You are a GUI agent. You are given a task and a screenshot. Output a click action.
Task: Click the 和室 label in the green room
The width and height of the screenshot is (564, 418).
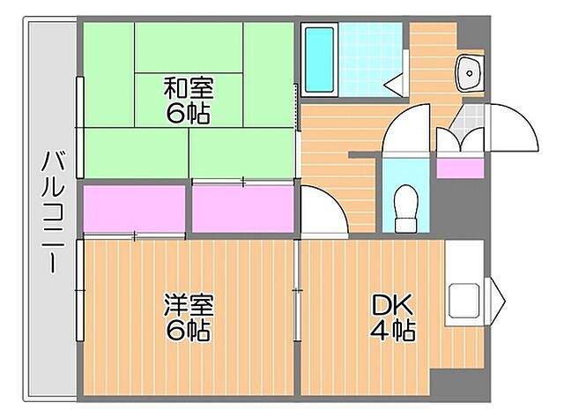tap(188, 88)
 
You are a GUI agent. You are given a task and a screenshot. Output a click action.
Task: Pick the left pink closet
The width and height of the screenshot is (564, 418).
tap(134, 209)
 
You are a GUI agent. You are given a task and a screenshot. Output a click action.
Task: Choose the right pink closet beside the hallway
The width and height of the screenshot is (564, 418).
tap(242, 209)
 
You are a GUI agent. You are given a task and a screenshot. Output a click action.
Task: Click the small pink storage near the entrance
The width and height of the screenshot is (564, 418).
tap(460, 166)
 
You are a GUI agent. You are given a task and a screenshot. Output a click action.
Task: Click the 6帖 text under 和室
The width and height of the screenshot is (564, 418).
tap(188, 115)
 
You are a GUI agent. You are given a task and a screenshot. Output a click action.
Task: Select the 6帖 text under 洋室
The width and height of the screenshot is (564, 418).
tap(188, 332)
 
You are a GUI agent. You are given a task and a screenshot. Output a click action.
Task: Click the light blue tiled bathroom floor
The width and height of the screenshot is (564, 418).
tap(371, 53)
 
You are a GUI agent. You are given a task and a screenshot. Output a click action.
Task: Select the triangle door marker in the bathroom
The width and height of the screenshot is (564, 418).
tap(393, 83)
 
